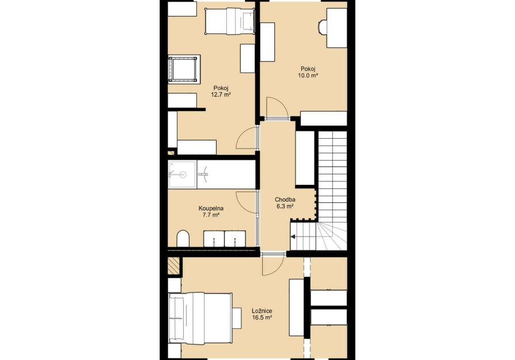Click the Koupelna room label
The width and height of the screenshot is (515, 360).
tap(211, 209)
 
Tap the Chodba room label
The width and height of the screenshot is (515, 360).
tap(285, 199)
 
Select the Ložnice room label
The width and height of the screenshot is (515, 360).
tap(262, 310)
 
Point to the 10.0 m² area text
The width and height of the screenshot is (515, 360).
tap(308, 75)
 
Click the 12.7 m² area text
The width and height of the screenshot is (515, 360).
tap(221, 94)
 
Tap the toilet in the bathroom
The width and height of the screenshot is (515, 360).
tap(183, 238)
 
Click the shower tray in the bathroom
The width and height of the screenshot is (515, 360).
tap(182, 175)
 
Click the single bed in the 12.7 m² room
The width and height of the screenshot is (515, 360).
tap(230, 21)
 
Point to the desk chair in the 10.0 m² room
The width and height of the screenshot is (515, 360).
tap(323, 27)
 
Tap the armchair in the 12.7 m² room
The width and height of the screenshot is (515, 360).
tap(184, 69)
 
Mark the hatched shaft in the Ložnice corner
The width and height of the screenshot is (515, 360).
tap(173, 266)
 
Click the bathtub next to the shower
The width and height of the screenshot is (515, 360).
tap(226, 175)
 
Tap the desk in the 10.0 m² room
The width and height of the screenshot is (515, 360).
tap(336, 28)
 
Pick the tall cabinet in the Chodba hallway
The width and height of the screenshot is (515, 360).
tap(305, 158)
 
